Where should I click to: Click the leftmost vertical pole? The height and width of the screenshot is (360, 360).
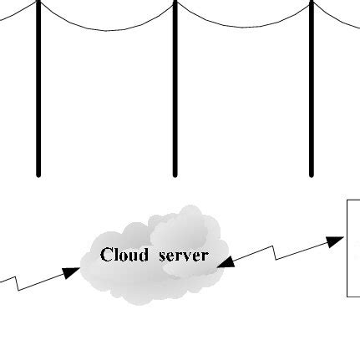tap(38, 92)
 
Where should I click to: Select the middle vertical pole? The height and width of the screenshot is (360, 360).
tap(175, 92)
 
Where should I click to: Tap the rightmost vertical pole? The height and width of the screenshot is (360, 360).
tap(312, 92)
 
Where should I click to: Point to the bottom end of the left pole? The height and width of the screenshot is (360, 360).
tap(38, 175)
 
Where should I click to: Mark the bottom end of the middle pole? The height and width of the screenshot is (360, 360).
tap(175, 175)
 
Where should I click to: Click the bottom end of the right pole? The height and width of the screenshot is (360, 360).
tap(312, 175)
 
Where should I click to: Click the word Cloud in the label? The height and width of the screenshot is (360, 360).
tap(124, 255)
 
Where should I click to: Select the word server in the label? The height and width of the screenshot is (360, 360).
tap(183, 255)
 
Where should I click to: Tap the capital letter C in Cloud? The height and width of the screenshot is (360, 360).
tap(106, 255)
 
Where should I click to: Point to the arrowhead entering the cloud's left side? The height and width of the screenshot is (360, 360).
tap(73, 271)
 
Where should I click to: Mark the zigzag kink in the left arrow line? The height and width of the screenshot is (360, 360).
tap(18, 284)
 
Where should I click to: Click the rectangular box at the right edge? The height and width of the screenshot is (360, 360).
tap(354, 247)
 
